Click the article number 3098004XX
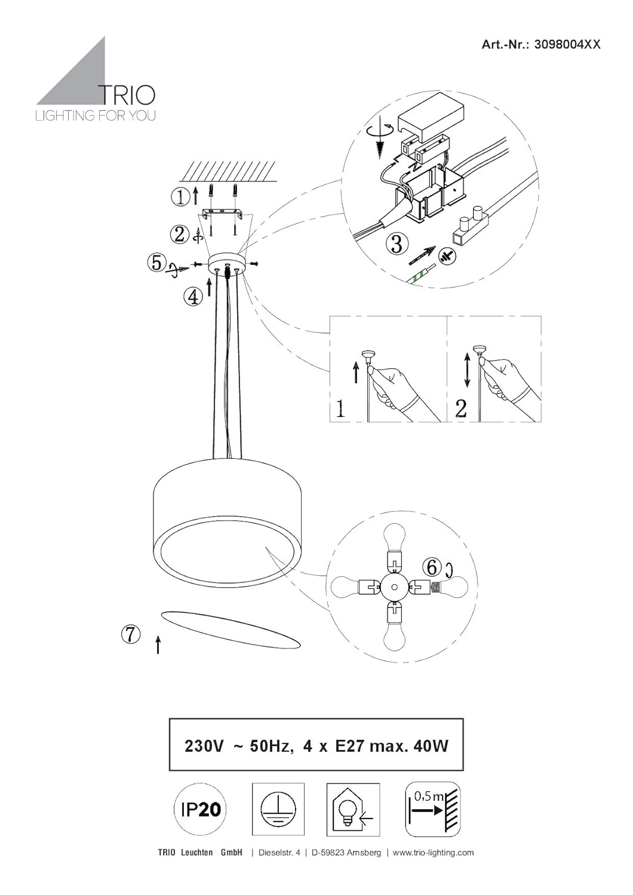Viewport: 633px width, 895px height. (x=567, y=44)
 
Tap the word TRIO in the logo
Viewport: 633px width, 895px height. (x=127, y=95)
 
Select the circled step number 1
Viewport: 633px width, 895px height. (x=181, y=197)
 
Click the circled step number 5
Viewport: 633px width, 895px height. (x=156, y=263)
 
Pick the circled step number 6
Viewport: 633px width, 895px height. (x=432, y=567)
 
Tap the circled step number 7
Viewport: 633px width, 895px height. (x=131, y=634)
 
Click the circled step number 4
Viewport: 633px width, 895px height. (x=193, y=297)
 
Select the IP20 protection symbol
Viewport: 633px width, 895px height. (x=200, y=810)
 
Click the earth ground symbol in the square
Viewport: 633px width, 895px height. (x=278, y=809)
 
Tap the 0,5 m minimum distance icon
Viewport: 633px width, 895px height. (x=433, y=809)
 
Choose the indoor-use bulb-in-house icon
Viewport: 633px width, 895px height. (x=353, y=809)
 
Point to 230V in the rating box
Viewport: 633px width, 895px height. (x=203, y=746)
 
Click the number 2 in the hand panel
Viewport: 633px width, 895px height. (x=460, y=408)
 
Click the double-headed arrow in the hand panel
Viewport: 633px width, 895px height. (x=466, y=371)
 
